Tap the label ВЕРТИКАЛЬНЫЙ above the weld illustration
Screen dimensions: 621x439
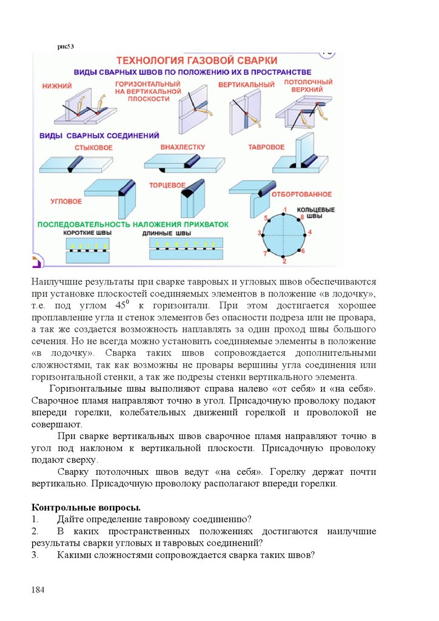point(246,84)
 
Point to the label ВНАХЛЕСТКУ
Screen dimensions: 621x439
point(183,147)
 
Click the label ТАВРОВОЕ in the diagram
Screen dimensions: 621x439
point(266,147)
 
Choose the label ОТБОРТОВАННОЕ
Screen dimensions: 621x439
point(301,194)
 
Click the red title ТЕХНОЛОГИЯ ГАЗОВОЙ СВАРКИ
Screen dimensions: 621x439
point(196,61)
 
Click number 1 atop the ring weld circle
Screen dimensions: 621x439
point(284,209)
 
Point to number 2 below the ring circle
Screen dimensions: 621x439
point(284,261)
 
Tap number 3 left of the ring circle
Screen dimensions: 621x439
point(260,233)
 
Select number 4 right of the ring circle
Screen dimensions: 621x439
point(310,232)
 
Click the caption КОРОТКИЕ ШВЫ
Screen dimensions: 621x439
point(88,233)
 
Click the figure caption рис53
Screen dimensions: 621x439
point(65,45)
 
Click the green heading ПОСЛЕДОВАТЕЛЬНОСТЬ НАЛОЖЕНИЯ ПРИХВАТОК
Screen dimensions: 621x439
point(133,224)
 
